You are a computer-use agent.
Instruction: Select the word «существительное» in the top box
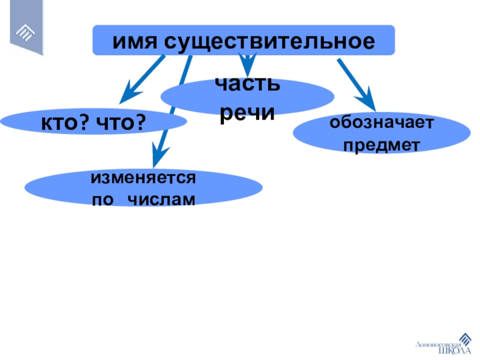(x=270, y=41)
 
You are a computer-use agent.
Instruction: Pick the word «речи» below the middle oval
(x=248, y=113)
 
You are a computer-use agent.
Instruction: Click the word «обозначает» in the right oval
(x=381, y=124)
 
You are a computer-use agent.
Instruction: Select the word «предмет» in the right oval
(x=381, y=145)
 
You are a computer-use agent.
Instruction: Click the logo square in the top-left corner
(x=26, y=30)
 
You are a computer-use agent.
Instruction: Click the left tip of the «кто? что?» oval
(x=2, y=123)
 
